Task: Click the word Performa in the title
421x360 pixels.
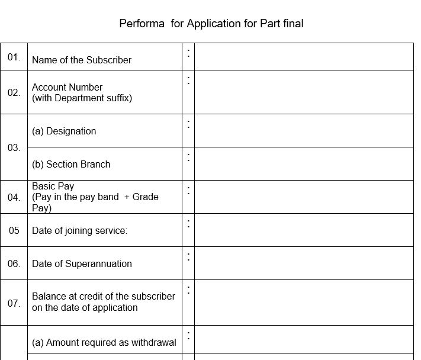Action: [142, 24]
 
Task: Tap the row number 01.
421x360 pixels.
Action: [14, 57]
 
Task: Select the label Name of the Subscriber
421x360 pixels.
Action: [82, 60]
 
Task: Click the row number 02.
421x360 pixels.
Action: [14, 92]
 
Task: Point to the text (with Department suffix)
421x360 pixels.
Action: [82, 98]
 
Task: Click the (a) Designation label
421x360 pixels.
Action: [64, 131]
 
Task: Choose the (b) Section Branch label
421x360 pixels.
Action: [71, 164]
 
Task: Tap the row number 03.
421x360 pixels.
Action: [14, 147]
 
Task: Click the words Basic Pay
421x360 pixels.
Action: [53, 186]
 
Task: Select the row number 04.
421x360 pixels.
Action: [14, 197]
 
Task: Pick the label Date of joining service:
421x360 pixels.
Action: [79, 230]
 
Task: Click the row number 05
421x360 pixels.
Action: [14, 230]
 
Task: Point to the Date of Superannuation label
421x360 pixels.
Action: [82, 263]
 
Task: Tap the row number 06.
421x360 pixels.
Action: [14, 263]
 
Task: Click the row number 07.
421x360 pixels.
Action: [14, 303]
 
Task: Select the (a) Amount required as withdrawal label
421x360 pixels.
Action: [104, 342]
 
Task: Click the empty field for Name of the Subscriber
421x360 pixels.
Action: [304, 57]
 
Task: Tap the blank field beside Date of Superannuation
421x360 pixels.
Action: [304, 263]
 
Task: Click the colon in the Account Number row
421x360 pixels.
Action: [188, 80]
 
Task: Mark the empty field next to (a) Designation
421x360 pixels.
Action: [304, 131]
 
